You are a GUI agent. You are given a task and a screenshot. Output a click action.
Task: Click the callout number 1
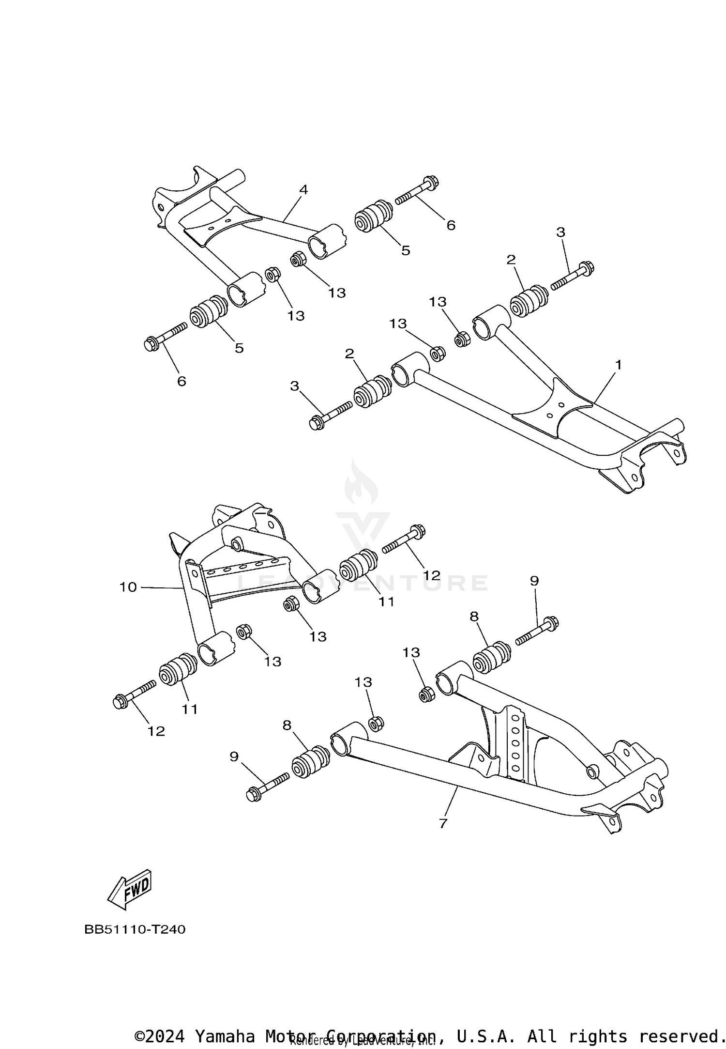[618, 365]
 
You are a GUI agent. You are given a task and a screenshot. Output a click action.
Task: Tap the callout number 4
[303, 190]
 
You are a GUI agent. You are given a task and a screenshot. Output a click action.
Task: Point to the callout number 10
[128, 587]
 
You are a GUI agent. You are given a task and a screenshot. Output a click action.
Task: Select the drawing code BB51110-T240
[135, 929]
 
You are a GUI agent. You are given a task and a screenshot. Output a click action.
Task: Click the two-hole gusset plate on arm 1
[552, 409]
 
